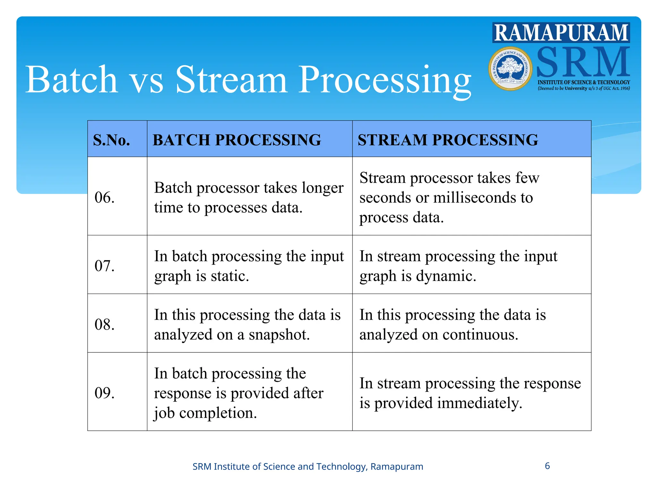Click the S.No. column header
112,140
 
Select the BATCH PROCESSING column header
237,140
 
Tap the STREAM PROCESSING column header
448,140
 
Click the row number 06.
105,197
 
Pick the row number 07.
105,266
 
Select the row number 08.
105,324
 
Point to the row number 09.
105,393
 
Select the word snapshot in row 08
279,335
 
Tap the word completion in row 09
218,413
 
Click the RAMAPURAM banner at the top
561,32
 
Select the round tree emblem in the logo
510,68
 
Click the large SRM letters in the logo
583,62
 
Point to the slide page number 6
547,466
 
